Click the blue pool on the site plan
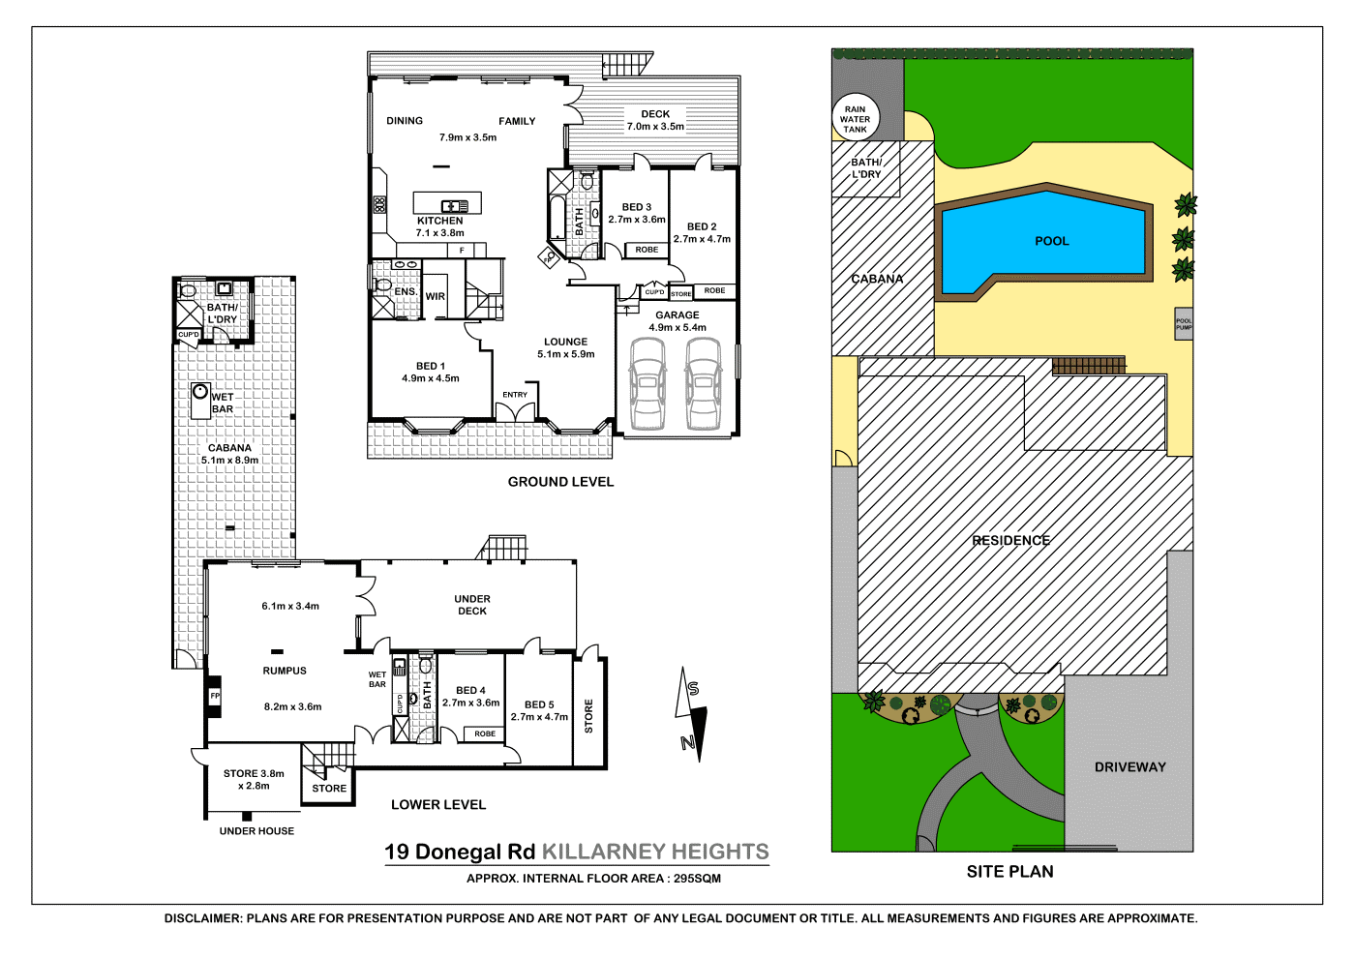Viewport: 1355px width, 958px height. (1045, 242)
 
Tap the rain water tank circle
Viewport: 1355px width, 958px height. (855, 119)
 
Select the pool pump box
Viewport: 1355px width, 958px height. (1183, 325)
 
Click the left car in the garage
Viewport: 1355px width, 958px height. (647, 383)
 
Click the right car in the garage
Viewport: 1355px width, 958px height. (703, 383)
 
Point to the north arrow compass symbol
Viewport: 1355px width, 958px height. (691, 714)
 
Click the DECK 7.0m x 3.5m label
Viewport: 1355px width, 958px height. (655, 120)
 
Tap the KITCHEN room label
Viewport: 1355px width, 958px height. (439, 221)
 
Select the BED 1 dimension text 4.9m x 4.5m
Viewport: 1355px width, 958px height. (431, 378)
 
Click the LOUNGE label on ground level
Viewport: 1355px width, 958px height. (565, 342)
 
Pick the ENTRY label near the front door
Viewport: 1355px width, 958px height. (515, 395)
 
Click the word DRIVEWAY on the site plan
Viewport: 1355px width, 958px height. (1129, 767)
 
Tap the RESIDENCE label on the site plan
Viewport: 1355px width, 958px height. (1010, 541)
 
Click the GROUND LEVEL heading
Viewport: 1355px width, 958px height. (560, 482)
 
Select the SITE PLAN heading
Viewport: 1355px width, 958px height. (1009, 872)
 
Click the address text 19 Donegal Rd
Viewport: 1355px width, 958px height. (460, 853)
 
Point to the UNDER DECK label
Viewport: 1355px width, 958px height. (472, 605)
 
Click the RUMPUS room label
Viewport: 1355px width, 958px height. (285, 671)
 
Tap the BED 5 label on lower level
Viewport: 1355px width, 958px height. (539, 704)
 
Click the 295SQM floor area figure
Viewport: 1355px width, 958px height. (697, 879)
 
